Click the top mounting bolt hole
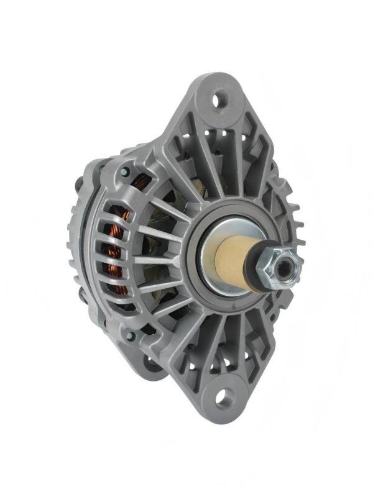[x=219, y=99]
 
